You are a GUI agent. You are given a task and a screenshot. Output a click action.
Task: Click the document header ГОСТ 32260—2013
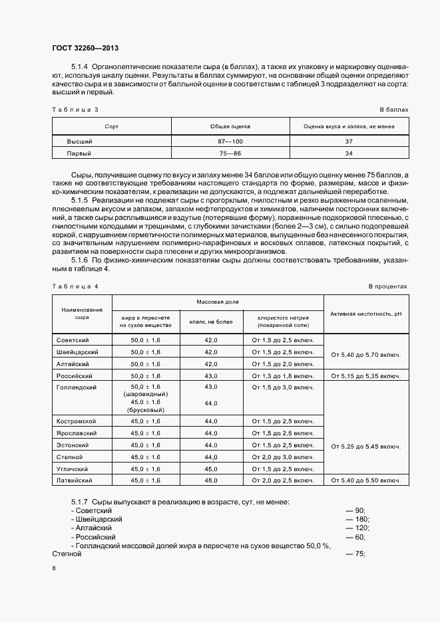[85, 48]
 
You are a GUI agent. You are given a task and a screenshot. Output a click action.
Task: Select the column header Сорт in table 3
[111, 126]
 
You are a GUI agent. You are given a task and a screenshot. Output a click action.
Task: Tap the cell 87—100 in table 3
[230, 142]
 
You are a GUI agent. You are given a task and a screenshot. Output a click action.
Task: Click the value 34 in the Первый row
[348, 154]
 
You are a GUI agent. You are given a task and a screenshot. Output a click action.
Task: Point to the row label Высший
[79, 142]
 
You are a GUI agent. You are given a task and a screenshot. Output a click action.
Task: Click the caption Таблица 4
[75, 286]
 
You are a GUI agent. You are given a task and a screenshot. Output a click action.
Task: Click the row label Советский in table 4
[73, 340]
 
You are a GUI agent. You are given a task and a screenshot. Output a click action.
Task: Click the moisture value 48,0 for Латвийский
[211, 480]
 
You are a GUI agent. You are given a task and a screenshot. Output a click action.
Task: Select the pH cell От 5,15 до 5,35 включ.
[365, 376]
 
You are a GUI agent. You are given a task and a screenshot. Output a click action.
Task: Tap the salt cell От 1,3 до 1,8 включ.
[282, 376]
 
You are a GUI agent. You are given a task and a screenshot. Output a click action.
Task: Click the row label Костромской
[77, 421]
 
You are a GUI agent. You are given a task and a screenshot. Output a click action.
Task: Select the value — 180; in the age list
[356, 519]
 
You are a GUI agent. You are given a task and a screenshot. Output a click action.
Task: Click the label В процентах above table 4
[387, 286]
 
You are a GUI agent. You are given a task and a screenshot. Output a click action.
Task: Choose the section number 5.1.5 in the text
[79, 200]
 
